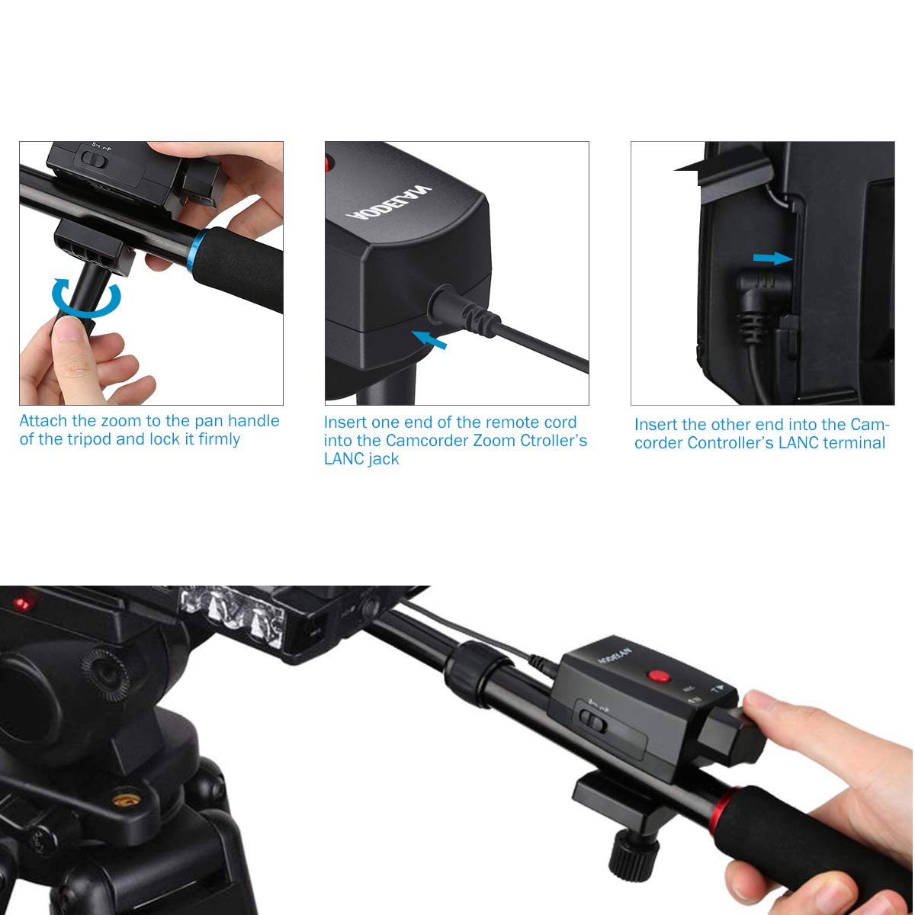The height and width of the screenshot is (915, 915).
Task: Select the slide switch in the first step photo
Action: [93, 159]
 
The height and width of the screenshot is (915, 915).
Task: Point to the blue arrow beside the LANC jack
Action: [429, 340]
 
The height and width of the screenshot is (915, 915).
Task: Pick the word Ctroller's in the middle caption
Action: [548, 441]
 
